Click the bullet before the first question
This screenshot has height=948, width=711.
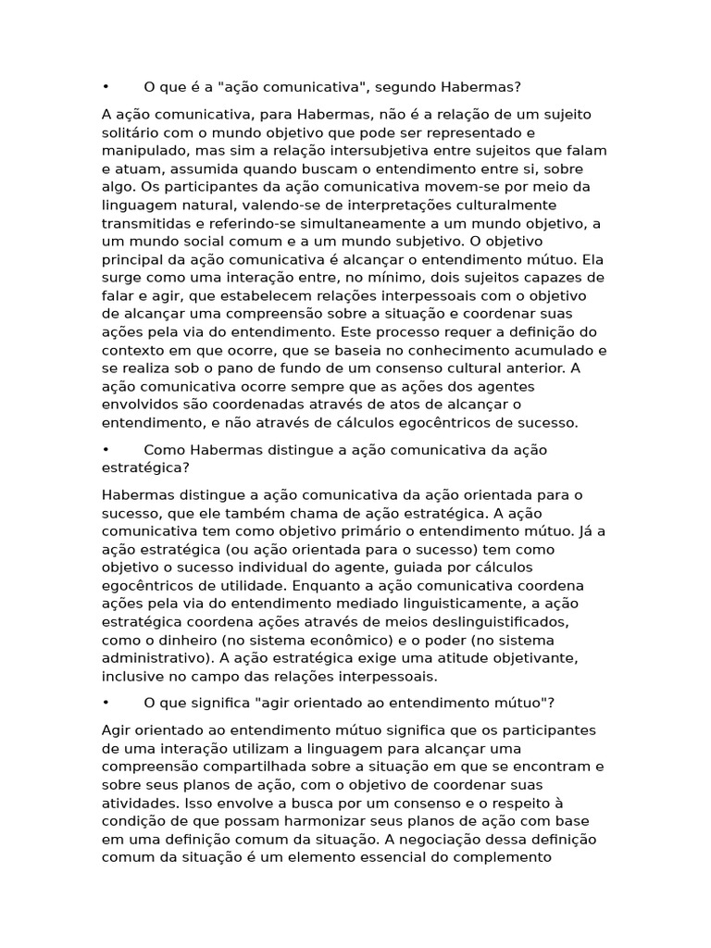(x=106, y=87)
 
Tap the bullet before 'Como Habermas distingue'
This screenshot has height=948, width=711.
(x=106, y=450)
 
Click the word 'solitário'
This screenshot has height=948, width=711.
(x=132, y=131)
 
